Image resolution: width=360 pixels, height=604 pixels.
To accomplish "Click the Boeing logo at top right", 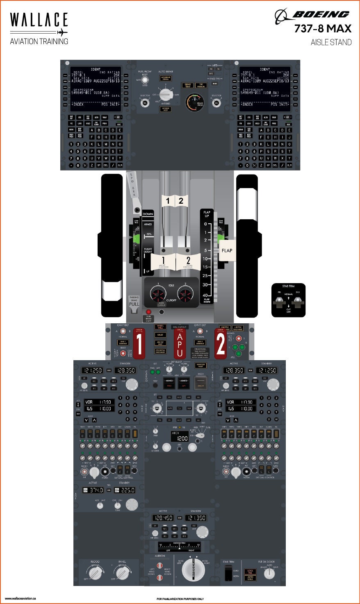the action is coord(312,16).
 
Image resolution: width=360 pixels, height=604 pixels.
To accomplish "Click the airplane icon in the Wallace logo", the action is coord(62,32).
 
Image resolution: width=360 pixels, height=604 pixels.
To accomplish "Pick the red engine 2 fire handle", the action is coord(221,343).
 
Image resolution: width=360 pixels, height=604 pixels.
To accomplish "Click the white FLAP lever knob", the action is coord(227,250).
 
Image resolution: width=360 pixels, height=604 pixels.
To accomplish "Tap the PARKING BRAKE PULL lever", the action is coord(134,304).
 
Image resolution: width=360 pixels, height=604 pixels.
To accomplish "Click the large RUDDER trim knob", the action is coord(194,570).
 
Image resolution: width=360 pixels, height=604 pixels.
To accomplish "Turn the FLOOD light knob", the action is coord(96,573).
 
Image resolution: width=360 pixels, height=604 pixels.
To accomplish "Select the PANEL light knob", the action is coord(122,573).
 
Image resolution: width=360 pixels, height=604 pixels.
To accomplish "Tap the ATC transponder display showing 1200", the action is coord(180,438).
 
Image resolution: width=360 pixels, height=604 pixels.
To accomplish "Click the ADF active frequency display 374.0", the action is coord(93,490).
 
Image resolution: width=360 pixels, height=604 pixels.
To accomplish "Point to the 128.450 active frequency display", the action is coord(163,518).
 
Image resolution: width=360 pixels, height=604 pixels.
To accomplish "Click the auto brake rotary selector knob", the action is coord(166,95).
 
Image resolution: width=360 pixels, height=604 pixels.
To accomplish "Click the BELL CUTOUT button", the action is coord(180,327).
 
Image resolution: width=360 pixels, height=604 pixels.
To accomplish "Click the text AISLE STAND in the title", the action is coord(331,42).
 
